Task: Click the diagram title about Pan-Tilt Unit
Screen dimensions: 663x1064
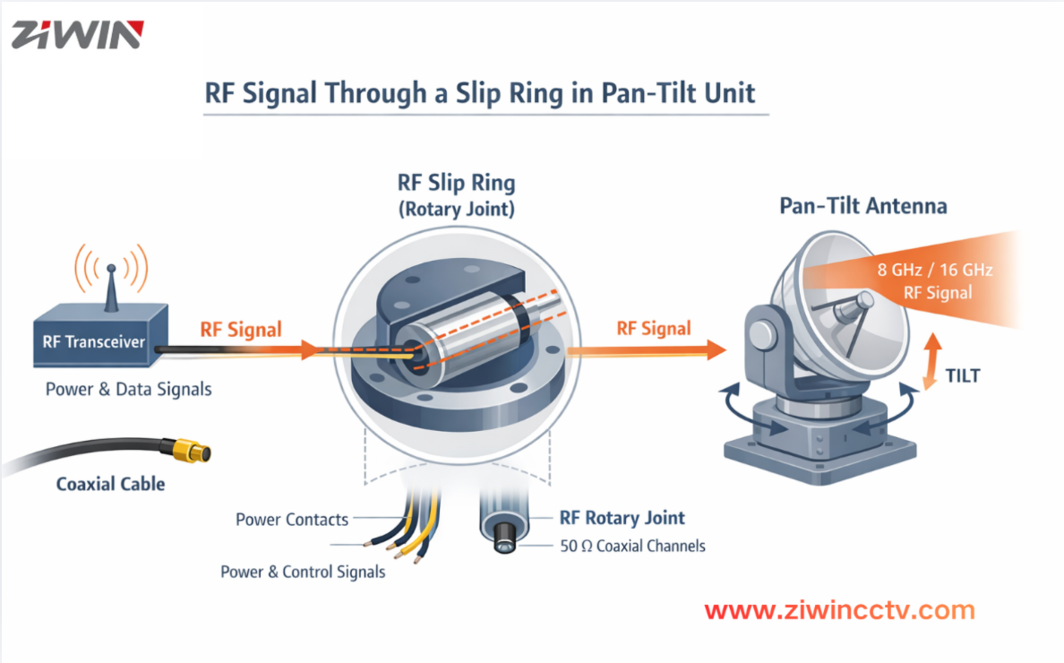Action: pyautogui.click(x=480, y=94)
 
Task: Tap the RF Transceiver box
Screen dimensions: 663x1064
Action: pyautogui.click(x=93, y=340)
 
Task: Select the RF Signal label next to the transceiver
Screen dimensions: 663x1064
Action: pyautogui.click(x=241, y=329)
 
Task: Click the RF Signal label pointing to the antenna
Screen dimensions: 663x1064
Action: pyautogui.click(x=654, y=329)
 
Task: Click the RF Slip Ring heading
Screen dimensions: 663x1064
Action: pyautogui.click(x=456, y=184)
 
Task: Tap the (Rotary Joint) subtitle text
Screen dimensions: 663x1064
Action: pyautogui.click(x=456, y=210)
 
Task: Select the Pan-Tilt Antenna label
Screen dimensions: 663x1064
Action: pyautogui.click(x=862, y=206)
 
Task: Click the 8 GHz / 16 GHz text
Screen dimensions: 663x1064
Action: pyautogui.click(x=937, y=269)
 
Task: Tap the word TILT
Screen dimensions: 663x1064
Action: pyautogui.click(x=963, y=375)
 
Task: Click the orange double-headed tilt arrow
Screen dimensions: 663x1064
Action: pyautogui.click(x=932, y=358)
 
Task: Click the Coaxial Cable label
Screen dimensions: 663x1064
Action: pyautogui.click(x=110, y=484)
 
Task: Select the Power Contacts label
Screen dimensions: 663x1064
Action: pyautogui.click(x=292, y=520)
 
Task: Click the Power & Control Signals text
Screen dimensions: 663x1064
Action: pyautogui.click(x=303, y=572)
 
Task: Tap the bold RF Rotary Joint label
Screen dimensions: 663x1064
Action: pyautogui.click(x=622, y=518)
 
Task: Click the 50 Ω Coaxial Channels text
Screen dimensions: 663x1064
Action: pyautogui.click(x=632, y=546)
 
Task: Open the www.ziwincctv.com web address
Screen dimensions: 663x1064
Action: pyautogui.click(x=839, y=611)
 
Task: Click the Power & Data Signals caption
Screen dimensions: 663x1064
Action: pyautogui.click(x=129, y=390)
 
